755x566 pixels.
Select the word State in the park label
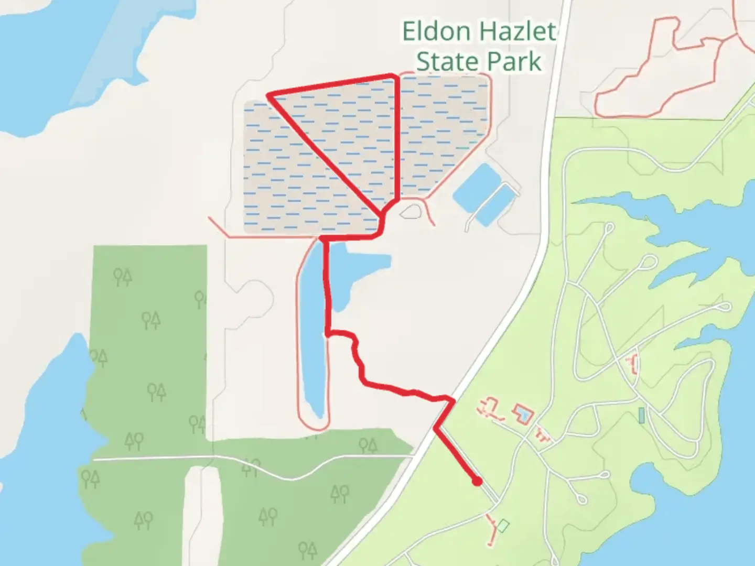pyautogui.click(x=446, y=62)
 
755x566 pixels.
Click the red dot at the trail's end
pyautogui.click(x=477, y=481)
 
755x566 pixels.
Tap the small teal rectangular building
pyautogui.click(x=641, y=415)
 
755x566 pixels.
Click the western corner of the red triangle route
pyautogui.click(x=269, y=95)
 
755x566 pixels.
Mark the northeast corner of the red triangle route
pyautogui.click(x=394, y=77)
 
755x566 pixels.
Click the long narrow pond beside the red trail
pyautogui.click(x=313, y=335)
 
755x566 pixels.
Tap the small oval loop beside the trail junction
pyautogui.click(x=409, y=212)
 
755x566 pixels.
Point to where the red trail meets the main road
pyautogui.click(x=452, y=401)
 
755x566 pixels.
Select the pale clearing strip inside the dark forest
pyautogui.click(x=202, y=514)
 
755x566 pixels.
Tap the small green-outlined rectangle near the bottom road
pyautogui.click(x=502, y=525)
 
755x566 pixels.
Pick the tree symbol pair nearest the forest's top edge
pyautogui.click(x=123, y=276)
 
